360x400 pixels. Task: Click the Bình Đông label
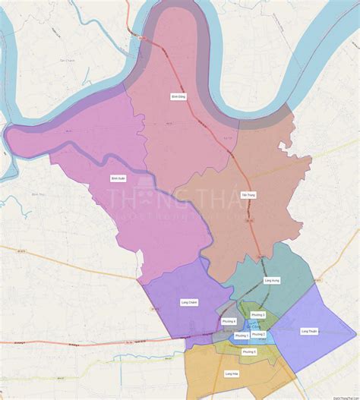point(179,96)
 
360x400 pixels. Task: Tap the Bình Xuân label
point(118,178)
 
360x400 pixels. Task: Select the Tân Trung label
point(248,195)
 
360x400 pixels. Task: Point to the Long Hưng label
point(272,280)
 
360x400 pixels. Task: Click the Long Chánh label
point(189,301)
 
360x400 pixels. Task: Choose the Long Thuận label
point(309,331)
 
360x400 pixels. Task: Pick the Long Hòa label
point(232,373)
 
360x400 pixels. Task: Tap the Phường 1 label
point(242,335)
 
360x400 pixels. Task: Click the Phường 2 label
point(259,334)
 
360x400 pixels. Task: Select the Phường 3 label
point(257,314)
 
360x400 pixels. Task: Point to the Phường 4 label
point(229,321)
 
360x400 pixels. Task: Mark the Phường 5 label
point(249,351)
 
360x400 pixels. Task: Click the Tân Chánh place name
point(68,59)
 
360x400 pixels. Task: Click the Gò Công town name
point(247,326)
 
